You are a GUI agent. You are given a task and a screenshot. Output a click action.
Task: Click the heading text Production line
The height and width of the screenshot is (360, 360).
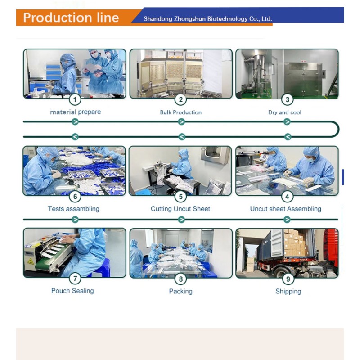pos(71,18)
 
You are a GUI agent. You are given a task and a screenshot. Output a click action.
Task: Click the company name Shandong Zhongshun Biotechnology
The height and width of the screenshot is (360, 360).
pos(207,19)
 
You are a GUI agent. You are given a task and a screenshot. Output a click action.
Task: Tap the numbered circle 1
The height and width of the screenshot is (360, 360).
pos(75,99)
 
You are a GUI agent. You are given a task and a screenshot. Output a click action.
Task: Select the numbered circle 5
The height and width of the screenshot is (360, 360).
pos(180,197)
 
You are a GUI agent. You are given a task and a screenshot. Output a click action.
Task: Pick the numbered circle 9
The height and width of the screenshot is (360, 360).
pos(287,279)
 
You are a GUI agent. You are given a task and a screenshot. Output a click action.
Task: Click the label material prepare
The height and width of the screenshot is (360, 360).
pos(75,112)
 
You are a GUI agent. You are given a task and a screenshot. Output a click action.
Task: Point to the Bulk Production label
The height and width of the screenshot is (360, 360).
pos(181,112)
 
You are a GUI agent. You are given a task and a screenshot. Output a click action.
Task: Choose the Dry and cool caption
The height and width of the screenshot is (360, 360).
pos(285,112)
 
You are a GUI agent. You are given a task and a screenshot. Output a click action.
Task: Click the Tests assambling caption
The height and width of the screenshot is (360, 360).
pos(74,209)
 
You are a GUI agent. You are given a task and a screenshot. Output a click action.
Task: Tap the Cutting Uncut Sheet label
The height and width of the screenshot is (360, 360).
pos(180,209)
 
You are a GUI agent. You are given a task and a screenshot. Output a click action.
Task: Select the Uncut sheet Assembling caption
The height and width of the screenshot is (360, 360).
pos(286,209)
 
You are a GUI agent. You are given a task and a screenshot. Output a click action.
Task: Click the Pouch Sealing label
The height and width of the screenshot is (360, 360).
pos(72,291)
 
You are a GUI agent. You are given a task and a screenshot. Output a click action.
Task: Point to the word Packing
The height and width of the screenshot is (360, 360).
pos(180,291)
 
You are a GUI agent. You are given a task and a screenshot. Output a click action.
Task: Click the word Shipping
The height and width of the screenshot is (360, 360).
pos(288,291)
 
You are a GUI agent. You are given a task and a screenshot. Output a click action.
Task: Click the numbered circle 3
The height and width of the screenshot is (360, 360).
pos(287,99)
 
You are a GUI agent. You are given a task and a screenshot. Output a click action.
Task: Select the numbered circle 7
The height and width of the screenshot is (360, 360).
pos(75,279)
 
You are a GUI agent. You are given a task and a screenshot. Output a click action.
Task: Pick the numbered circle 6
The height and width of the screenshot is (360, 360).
pos(75,197)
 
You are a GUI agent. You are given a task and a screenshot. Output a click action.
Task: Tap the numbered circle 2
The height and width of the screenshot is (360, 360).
pos(181,99)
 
